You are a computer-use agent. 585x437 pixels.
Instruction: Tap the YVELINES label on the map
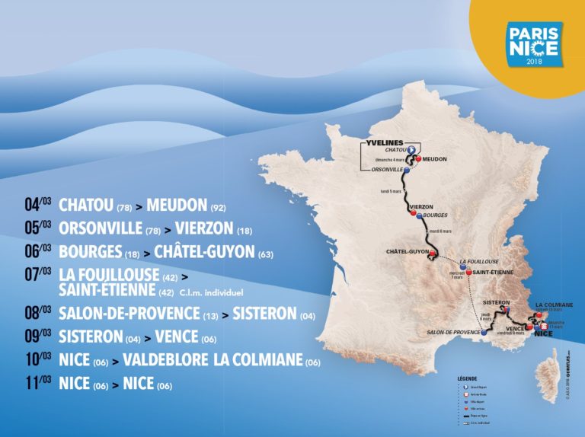[x=383, y=142]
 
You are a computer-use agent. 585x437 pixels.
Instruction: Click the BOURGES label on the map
[x=436, y=215]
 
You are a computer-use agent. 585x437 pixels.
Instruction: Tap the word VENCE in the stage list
[x=176, y=337]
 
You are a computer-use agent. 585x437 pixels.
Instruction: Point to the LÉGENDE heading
[x=466, y=377]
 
